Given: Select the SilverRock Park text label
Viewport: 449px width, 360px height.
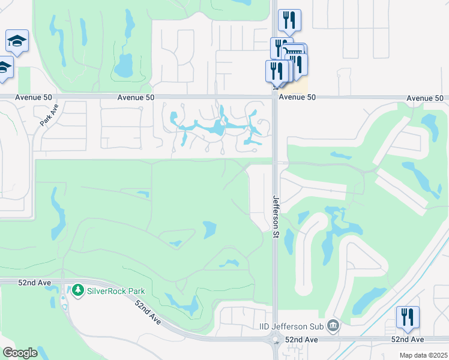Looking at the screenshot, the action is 116,291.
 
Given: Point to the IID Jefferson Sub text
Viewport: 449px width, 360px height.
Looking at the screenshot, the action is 291,326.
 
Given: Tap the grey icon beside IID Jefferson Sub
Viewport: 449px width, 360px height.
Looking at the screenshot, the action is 333,326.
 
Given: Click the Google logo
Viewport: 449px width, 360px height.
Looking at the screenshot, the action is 20,353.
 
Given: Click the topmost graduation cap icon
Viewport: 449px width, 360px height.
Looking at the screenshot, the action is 17,41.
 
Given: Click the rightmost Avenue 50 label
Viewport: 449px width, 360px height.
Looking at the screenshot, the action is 425,98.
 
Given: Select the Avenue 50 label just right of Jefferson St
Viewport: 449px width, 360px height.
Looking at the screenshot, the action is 298,97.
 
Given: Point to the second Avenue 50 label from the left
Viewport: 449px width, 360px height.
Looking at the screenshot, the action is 136,97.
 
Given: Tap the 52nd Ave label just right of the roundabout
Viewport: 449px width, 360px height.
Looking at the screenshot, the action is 301,340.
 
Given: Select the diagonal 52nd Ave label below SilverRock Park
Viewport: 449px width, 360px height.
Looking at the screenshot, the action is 148,313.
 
